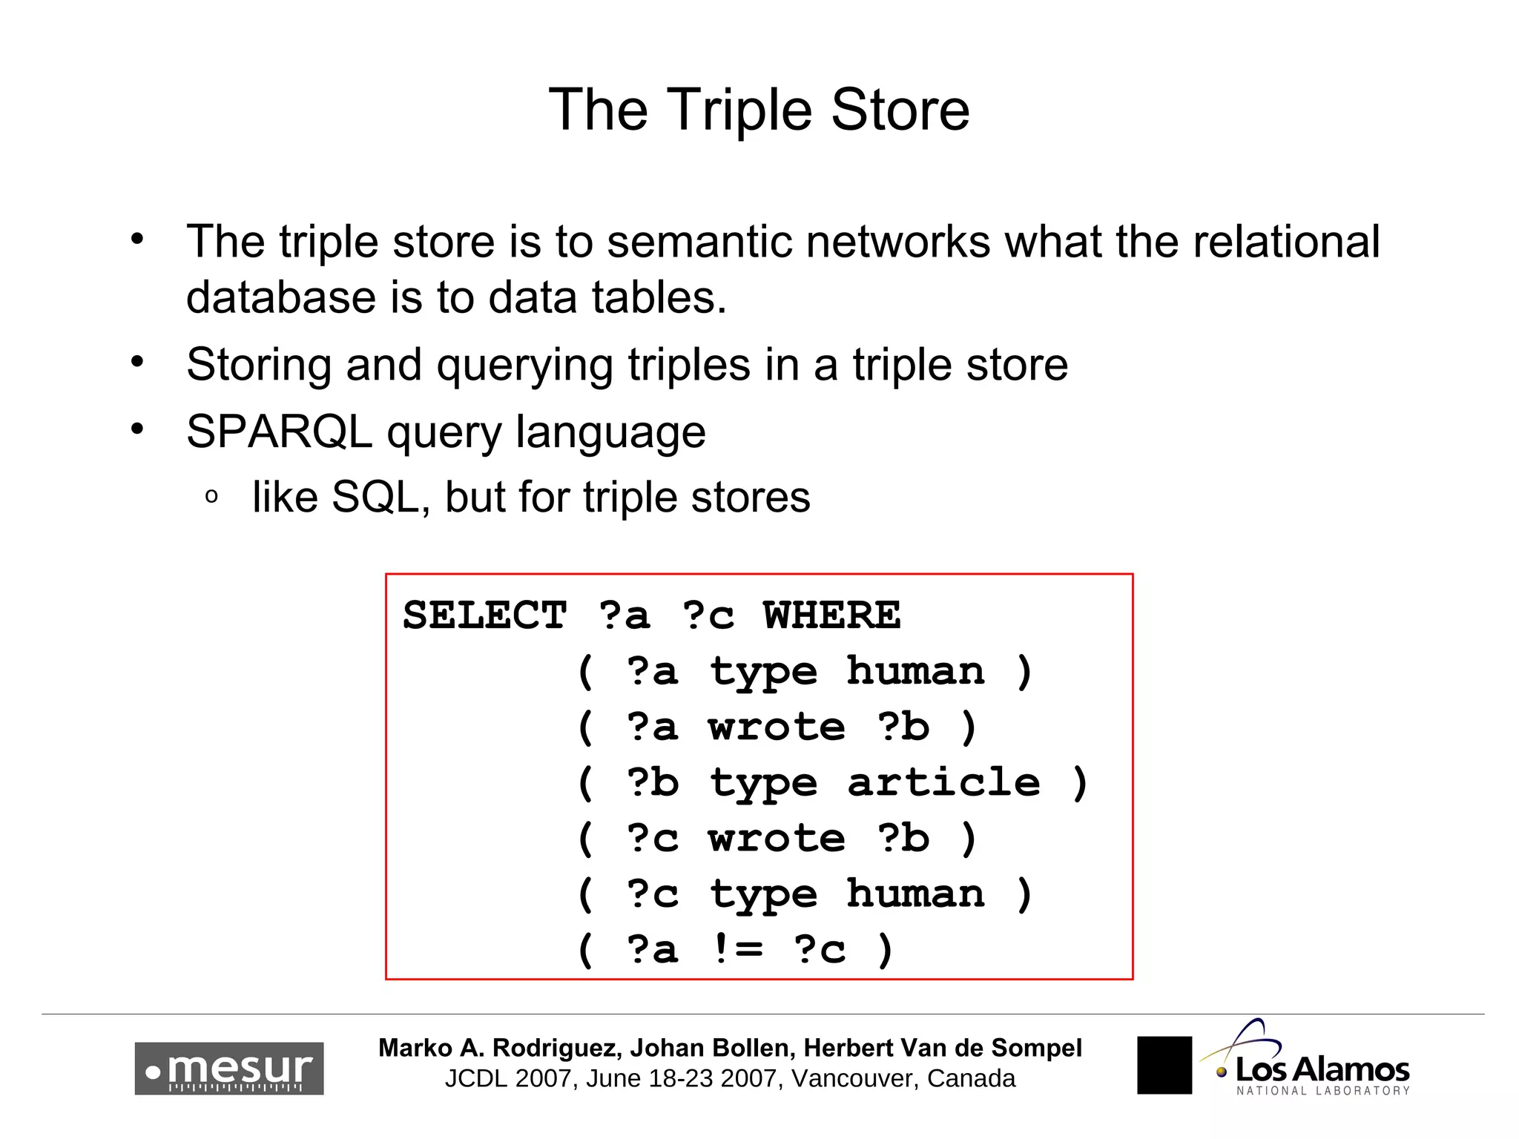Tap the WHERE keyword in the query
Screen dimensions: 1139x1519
click(x=832, y=615)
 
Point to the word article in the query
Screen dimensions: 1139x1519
click(x=943, y=782)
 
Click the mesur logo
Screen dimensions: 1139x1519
click(x=229, y=1069)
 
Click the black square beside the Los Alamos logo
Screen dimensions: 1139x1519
click(x=1164, y=1065)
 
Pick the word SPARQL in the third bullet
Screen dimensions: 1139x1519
click(x=279, y=432)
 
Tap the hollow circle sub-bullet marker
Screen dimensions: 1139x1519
click(x=211, y=496)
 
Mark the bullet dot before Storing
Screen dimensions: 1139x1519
click(x=137, y=362)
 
